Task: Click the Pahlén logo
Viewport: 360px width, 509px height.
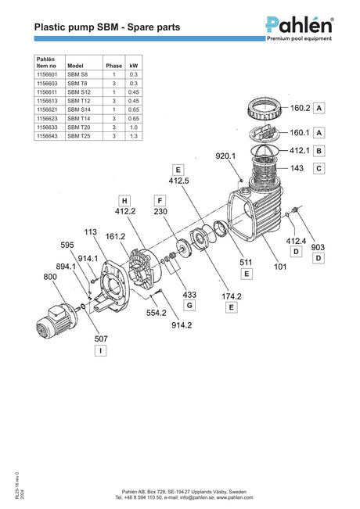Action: coord(300,29)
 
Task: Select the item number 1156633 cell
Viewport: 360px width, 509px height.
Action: coord(50,127)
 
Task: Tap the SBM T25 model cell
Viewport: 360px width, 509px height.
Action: coord(85,136)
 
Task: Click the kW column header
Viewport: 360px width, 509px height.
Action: coord(134,66)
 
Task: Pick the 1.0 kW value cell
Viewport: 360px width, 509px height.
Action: coord(134,127)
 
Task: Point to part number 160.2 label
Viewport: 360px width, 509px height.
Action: coord(301,108)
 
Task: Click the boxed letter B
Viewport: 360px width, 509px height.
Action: coord(319,151)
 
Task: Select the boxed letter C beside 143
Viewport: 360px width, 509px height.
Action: coord(319,168)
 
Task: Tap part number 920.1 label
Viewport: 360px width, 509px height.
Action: coord(225,156)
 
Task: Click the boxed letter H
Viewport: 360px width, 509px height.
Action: coord(124,201)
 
